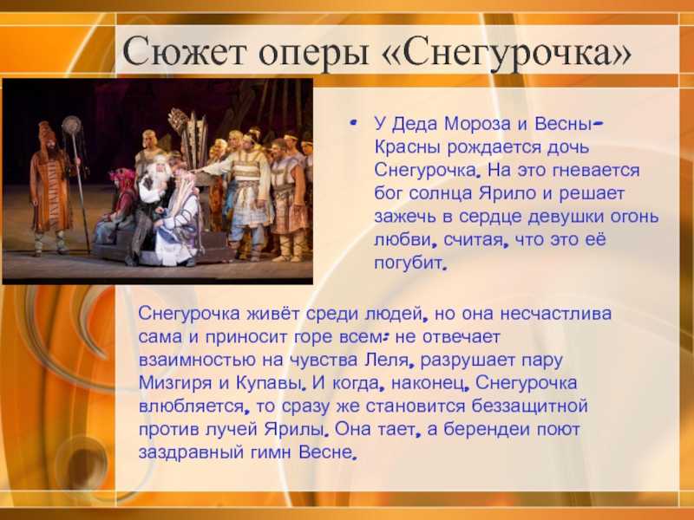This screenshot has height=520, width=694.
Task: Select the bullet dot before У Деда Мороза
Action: (x=353, y=123)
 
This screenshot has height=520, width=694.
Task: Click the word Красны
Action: (x=408, y=147)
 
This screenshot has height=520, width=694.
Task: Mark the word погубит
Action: (x=408, y=263)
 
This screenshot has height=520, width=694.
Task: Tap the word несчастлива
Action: (x=556, y=314)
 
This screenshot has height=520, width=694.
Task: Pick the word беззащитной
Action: (x=529, y=406)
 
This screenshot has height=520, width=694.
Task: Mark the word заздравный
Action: (x=191, y=452)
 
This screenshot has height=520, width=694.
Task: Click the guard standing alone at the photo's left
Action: (x=49, y=189)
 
